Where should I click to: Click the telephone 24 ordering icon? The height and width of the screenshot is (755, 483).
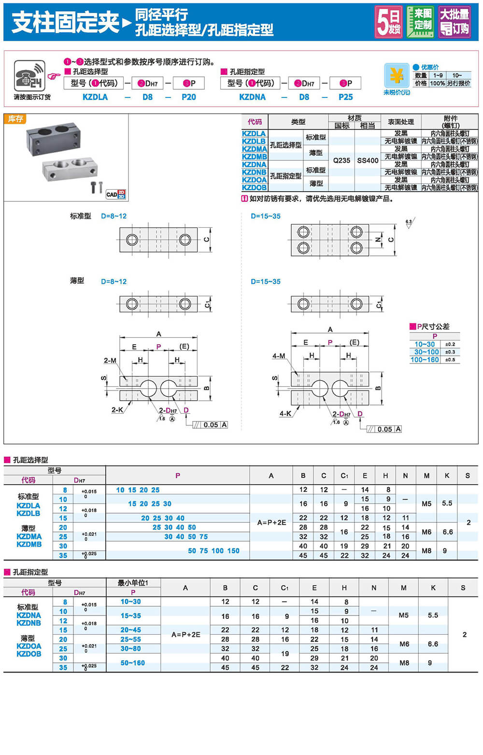[30, 76]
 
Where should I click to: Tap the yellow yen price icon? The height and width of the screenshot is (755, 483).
[396, 76]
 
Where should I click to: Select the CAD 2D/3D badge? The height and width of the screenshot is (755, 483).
[116, 194]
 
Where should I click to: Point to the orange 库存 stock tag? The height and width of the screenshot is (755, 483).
[15, 119]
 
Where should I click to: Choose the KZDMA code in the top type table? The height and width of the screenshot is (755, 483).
[254, 149]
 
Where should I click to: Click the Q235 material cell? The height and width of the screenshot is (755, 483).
[341, 160]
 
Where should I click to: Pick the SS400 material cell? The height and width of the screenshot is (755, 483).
[368, 160]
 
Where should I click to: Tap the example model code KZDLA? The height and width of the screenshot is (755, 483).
[95, 97]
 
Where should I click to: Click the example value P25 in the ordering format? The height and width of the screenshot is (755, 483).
[345, 97]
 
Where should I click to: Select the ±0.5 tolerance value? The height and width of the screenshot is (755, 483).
[450, 360]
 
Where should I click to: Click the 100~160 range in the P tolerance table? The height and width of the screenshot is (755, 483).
[425, 360]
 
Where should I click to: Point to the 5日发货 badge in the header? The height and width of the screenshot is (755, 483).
[388, 22]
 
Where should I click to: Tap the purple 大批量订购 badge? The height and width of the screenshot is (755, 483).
[454, 22]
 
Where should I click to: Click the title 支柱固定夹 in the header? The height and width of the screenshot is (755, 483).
[65, 22]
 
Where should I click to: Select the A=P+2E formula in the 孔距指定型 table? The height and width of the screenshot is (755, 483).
[185, 634]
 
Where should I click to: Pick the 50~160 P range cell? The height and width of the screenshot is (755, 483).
[133, 663]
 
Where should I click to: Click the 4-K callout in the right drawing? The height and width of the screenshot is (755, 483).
[285, 414]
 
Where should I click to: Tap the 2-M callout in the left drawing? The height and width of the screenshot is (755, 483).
[110, 360]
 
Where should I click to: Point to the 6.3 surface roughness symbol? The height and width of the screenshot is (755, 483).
[409, 223]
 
